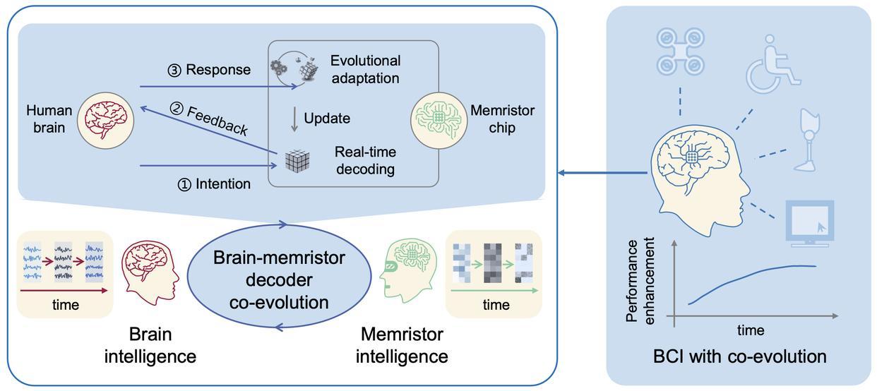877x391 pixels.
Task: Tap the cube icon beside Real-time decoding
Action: pyautogui.click(x=297, y=160)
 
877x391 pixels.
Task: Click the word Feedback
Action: pyautogui.click(x=217, y=119)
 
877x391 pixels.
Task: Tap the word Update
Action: pyautogui.click(x=327, y=118)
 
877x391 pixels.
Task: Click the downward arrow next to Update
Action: pyautogui.click(x=294, y=118)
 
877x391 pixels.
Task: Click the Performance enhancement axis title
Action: pyautogui.click(x=640, y=281)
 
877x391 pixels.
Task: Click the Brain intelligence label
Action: pyautogui.click(x=150, y=344)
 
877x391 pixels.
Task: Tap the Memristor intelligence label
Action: pyautogui.click(x=402, y=344)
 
